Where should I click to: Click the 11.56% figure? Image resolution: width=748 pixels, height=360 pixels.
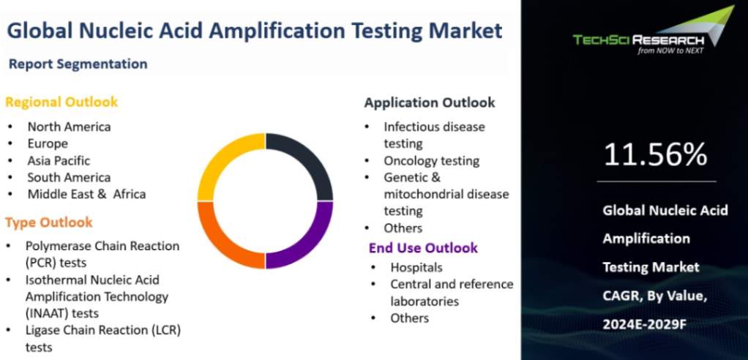656,154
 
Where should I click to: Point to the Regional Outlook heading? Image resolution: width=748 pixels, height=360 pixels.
61,102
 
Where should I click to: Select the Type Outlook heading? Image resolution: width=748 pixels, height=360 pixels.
49,222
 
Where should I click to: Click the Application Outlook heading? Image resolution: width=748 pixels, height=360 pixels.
430,102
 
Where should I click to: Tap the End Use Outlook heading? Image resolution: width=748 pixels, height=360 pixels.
423,248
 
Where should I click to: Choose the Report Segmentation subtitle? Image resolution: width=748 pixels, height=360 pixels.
78,64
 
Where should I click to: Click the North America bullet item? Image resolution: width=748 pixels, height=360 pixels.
70,127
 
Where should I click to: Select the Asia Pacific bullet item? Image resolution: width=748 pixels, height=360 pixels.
59,161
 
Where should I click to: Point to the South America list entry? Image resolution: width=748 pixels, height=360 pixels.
70,177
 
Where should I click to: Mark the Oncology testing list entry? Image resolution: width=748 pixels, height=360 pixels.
432,161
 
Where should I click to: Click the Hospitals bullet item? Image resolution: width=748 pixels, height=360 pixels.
416,268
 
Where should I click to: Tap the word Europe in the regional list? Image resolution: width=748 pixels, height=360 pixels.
48,144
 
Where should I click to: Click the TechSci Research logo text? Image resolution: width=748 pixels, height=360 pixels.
639,40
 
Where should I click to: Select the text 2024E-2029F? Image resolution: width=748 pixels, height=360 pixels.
645,324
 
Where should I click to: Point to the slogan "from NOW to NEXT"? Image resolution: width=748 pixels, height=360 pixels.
670,50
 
